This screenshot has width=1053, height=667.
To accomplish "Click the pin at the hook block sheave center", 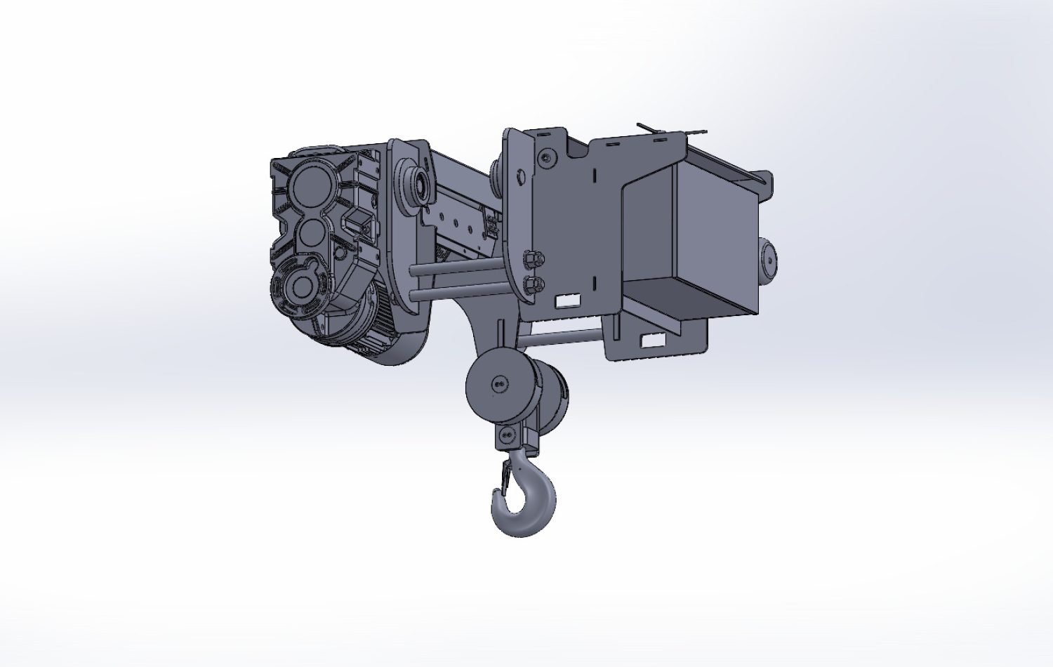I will pyautogui.click(x=499, y=384).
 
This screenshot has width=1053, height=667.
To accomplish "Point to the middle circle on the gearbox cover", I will pyautogui.click(x=308, y=232).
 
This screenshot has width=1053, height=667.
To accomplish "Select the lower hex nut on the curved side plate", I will pyautogui.click(x=534, y=284).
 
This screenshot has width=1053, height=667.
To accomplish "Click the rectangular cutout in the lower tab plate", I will pyautogui.click(x=653, y=341).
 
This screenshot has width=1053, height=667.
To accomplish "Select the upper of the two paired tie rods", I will pyautogui.click(x=456, y=268).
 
